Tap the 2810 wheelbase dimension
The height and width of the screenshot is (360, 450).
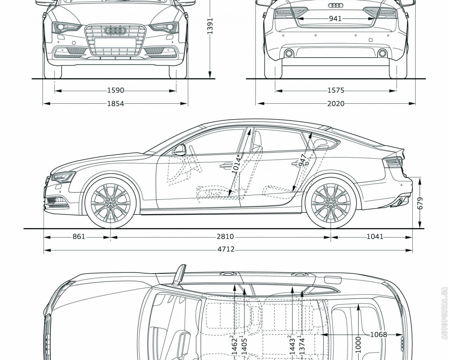[x=225, y=237]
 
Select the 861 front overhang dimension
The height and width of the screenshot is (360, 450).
[x=79, y=237]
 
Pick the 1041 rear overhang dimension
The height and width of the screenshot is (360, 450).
[x=375, y=237]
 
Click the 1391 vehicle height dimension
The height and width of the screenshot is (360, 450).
[x=210, y=26]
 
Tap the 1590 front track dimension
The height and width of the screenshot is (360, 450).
[x=116, y=90]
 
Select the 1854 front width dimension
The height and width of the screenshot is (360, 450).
[x=116, y=103]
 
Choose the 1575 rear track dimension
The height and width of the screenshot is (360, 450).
[x=335, y=90]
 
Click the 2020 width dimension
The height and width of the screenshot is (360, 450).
[x=335, y=103]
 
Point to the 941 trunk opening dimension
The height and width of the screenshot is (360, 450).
[x=335, y=19]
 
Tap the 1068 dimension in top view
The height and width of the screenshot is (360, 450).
[x=378, y=334]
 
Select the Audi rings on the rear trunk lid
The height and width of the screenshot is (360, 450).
[x=335, y=5]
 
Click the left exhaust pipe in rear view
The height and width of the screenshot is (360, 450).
[x=289, y=53]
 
